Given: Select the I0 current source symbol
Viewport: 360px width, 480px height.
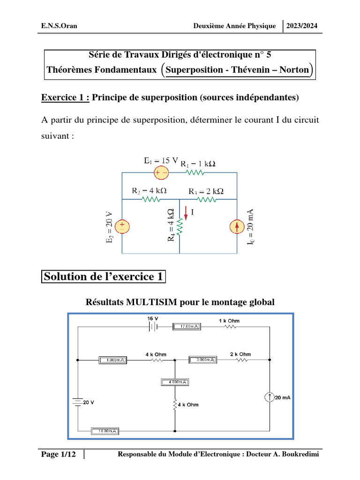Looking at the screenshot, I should [237, 226].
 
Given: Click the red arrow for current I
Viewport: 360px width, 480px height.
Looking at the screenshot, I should [186, 213].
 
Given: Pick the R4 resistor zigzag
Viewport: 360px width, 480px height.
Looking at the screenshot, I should [180, 227].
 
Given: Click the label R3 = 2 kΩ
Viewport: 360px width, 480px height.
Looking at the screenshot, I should [206, 191].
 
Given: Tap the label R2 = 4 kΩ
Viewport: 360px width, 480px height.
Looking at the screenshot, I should [149, 191].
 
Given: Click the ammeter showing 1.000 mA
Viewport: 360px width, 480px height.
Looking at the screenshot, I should [112, 360].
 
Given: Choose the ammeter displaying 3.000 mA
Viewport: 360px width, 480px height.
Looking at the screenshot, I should [202, 360].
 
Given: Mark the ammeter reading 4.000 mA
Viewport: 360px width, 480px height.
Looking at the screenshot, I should [174, 382].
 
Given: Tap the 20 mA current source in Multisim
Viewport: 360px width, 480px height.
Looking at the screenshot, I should [270, 397].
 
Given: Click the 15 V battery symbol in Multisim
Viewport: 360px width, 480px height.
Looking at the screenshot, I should [153, 327].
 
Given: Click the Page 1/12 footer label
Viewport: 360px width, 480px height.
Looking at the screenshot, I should [58, 454].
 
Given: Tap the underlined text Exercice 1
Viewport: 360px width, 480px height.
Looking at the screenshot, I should [65, 97].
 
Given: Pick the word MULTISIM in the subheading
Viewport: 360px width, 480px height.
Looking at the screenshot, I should [149, 302].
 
